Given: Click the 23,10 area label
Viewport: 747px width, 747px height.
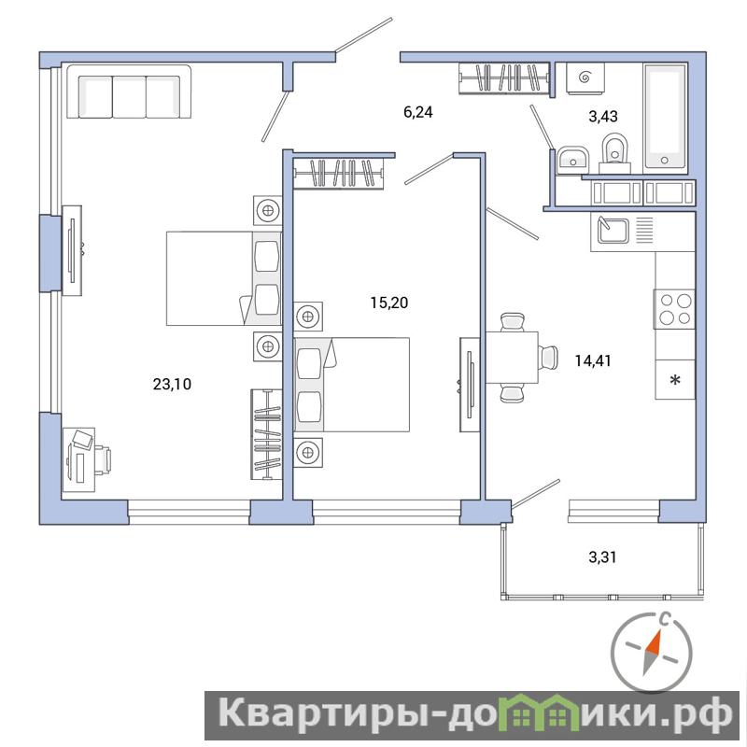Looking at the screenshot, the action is (x=172, y=384).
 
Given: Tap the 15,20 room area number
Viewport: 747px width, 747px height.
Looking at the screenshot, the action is (x=389, y=303).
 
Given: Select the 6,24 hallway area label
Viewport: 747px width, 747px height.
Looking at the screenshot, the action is (x=417, y=112).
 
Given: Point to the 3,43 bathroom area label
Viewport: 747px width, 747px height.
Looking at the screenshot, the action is (x=603, y=116).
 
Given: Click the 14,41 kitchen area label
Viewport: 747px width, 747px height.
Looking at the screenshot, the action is (x=593, y=361).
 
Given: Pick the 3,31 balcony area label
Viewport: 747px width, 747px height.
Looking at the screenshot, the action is (x=602, y=557).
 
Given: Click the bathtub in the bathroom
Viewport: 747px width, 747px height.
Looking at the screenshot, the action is (x=665, y=119).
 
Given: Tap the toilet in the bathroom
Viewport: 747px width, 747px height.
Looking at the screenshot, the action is (x=615, y=153).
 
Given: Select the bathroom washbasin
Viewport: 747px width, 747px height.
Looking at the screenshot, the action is (x=571, y=160).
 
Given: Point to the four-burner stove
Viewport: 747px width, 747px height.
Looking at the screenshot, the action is (x=674, y=309).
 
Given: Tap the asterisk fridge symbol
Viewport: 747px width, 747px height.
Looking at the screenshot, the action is (x=675, y=380).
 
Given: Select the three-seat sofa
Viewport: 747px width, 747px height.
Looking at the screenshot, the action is (x=129, y=92).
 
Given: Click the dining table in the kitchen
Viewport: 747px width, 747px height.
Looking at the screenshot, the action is (x=512, y=358).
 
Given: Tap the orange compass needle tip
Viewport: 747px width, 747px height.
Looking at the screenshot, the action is (x=661, y=630).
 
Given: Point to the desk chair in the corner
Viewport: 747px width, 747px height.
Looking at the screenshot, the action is (x=103, y=460).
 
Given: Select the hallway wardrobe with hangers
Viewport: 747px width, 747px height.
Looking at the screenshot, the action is (x=504, y=78).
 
